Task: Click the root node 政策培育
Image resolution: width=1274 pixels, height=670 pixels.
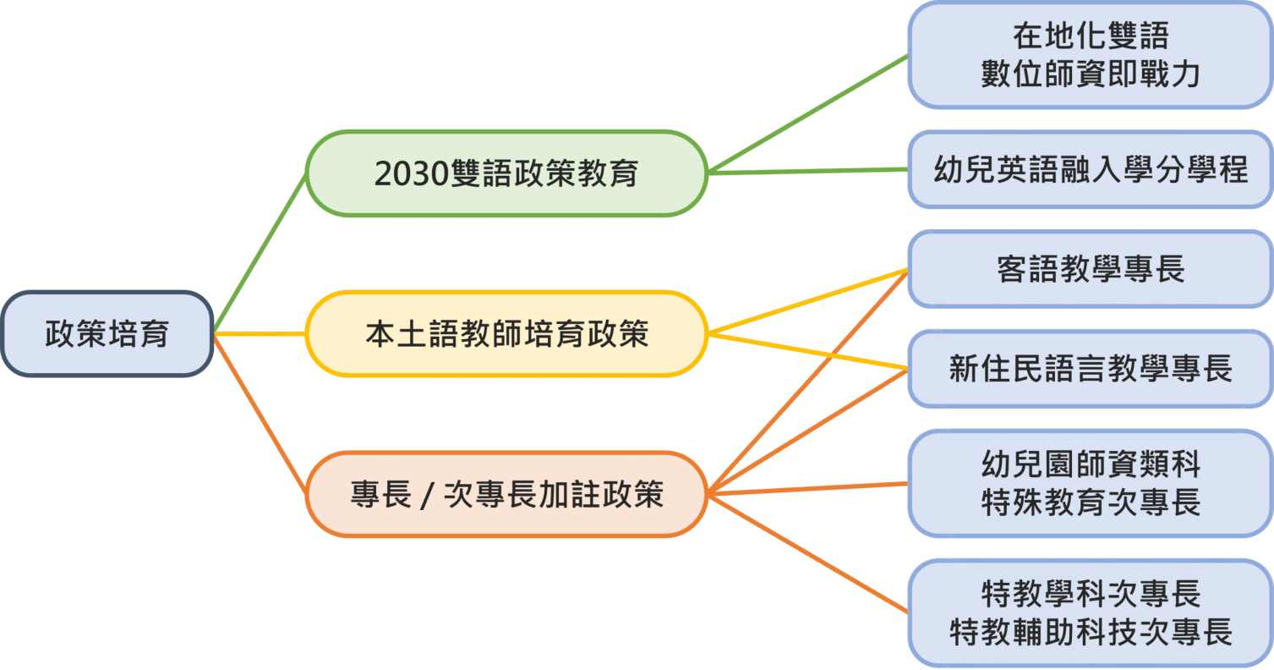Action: point(107,334)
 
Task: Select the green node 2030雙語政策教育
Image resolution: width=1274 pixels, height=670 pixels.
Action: point(506,173)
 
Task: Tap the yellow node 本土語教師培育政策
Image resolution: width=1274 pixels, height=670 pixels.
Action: point(506,334)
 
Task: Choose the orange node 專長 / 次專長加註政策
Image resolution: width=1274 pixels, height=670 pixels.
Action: point(506,494)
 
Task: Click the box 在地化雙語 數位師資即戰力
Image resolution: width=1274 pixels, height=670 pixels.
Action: point(1090,55)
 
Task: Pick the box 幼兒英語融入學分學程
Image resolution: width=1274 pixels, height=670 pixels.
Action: point(1090,170)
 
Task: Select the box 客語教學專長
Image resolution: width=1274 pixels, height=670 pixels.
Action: point(1090,269)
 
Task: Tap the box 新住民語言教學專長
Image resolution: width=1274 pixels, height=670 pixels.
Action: point(1090,369)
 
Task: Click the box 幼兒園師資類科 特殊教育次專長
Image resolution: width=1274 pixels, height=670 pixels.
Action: point(1090,483)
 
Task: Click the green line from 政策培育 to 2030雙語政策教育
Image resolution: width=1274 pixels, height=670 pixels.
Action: point(260,252)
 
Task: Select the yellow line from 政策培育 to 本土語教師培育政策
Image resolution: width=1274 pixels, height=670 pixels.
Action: point(260,334)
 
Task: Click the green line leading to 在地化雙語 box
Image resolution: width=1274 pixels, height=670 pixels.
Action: point(807,113)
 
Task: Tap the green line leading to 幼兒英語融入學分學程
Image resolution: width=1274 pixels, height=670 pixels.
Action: point(807,172)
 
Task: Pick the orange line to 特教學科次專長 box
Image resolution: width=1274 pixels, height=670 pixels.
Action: point(807,552)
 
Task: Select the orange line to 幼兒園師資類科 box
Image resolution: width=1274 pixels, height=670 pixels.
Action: point(807,488)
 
